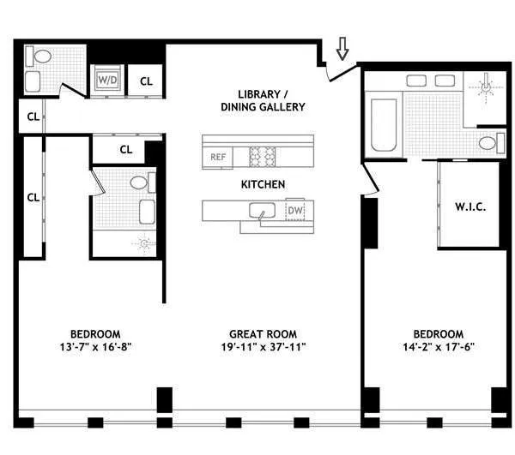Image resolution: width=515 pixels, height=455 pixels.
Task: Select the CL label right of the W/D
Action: pos(146,81)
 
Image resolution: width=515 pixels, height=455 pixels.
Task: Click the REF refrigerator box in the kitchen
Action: pos(217,157)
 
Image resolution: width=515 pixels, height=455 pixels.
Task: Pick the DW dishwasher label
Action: pos(294,210)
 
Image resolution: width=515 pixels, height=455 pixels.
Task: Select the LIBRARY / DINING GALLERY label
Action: pos(261,100)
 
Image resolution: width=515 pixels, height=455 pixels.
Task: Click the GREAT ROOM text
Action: pos(259,333)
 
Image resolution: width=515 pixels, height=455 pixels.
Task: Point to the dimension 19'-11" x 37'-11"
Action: pos(259,347)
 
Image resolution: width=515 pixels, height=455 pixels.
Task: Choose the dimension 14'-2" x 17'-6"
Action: pos(438,347)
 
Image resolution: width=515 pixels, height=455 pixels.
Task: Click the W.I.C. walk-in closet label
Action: pos(470,207)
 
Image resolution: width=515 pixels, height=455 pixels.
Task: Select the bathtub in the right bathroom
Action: pos(384,125)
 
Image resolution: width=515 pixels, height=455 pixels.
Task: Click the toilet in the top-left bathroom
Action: pos(39,57)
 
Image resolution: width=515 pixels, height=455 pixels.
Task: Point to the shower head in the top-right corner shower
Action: pos(486,87)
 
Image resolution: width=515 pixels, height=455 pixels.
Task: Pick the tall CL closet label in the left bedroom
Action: pos(33,196)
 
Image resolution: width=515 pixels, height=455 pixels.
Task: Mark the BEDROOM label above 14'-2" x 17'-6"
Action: pos(438,333)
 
